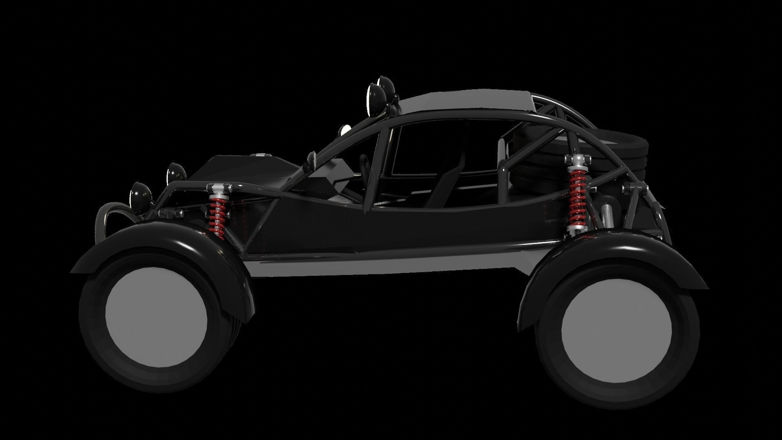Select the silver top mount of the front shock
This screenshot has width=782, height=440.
click(219, 188)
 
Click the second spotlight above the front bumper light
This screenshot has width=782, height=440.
click(177, 173)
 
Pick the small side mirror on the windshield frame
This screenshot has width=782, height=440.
click(312, 158)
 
